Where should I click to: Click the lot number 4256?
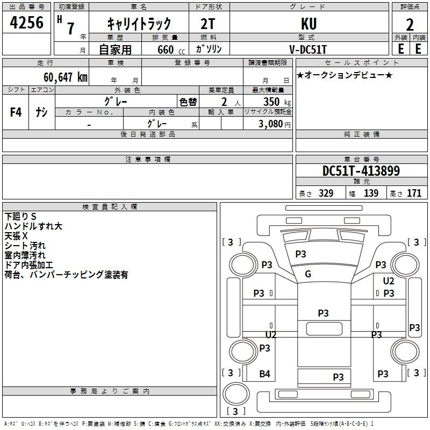[x=26, y=23]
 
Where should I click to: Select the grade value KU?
[x=309, y=24]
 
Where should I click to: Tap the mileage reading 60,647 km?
[x=66, y=77]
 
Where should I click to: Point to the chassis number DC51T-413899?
[x=361, y=170]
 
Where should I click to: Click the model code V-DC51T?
[x=308, y=49]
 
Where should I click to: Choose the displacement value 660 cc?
[x=171, y=50]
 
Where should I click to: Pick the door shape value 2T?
[x=208, y=24]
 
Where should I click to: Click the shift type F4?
[x=16, y=112]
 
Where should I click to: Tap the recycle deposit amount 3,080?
[x=271, y=124]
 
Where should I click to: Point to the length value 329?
[x=326, y=193]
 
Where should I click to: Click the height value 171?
[x=414, y=193]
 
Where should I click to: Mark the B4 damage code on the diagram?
[x=264, y=374]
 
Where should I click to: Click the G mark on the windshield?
[x=308, y=274]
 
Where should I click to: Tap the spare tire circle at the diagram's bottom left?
[x=236, y=394]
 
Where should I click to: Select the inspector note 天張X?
[x=16, y=236]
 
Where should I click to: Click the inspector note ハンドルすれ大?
[x=33, y=226]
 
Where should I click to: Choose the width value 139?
[x=371, y=193]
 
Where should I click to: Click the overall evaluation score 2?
[x=410, y=25]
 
